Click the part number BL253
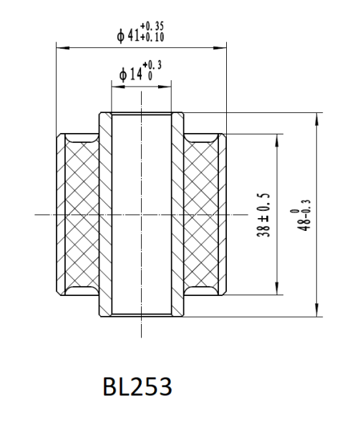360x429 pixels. pos(137,387)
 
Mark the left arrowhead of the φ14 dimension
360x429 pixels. pos(115,86)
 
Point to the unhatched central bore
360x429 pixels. pos(141,214)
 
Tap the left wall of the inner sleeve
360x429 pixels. pos(104,214)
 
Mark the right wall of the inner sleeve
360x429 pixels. pos(177,214)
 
